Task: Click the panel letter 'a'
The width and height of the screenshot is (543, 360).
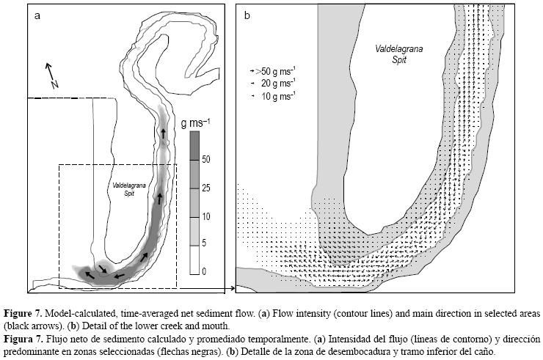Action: tap(37, 16)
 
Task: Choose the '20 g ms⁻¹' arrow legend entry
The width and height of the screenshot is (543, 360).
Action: tap(275, 84)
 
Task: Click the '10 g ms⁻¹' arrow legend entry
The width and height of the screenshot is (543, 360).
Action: tap(275, 96)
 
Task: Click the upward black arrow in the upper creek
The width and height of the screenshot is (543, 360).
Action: tap(162, 133)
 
